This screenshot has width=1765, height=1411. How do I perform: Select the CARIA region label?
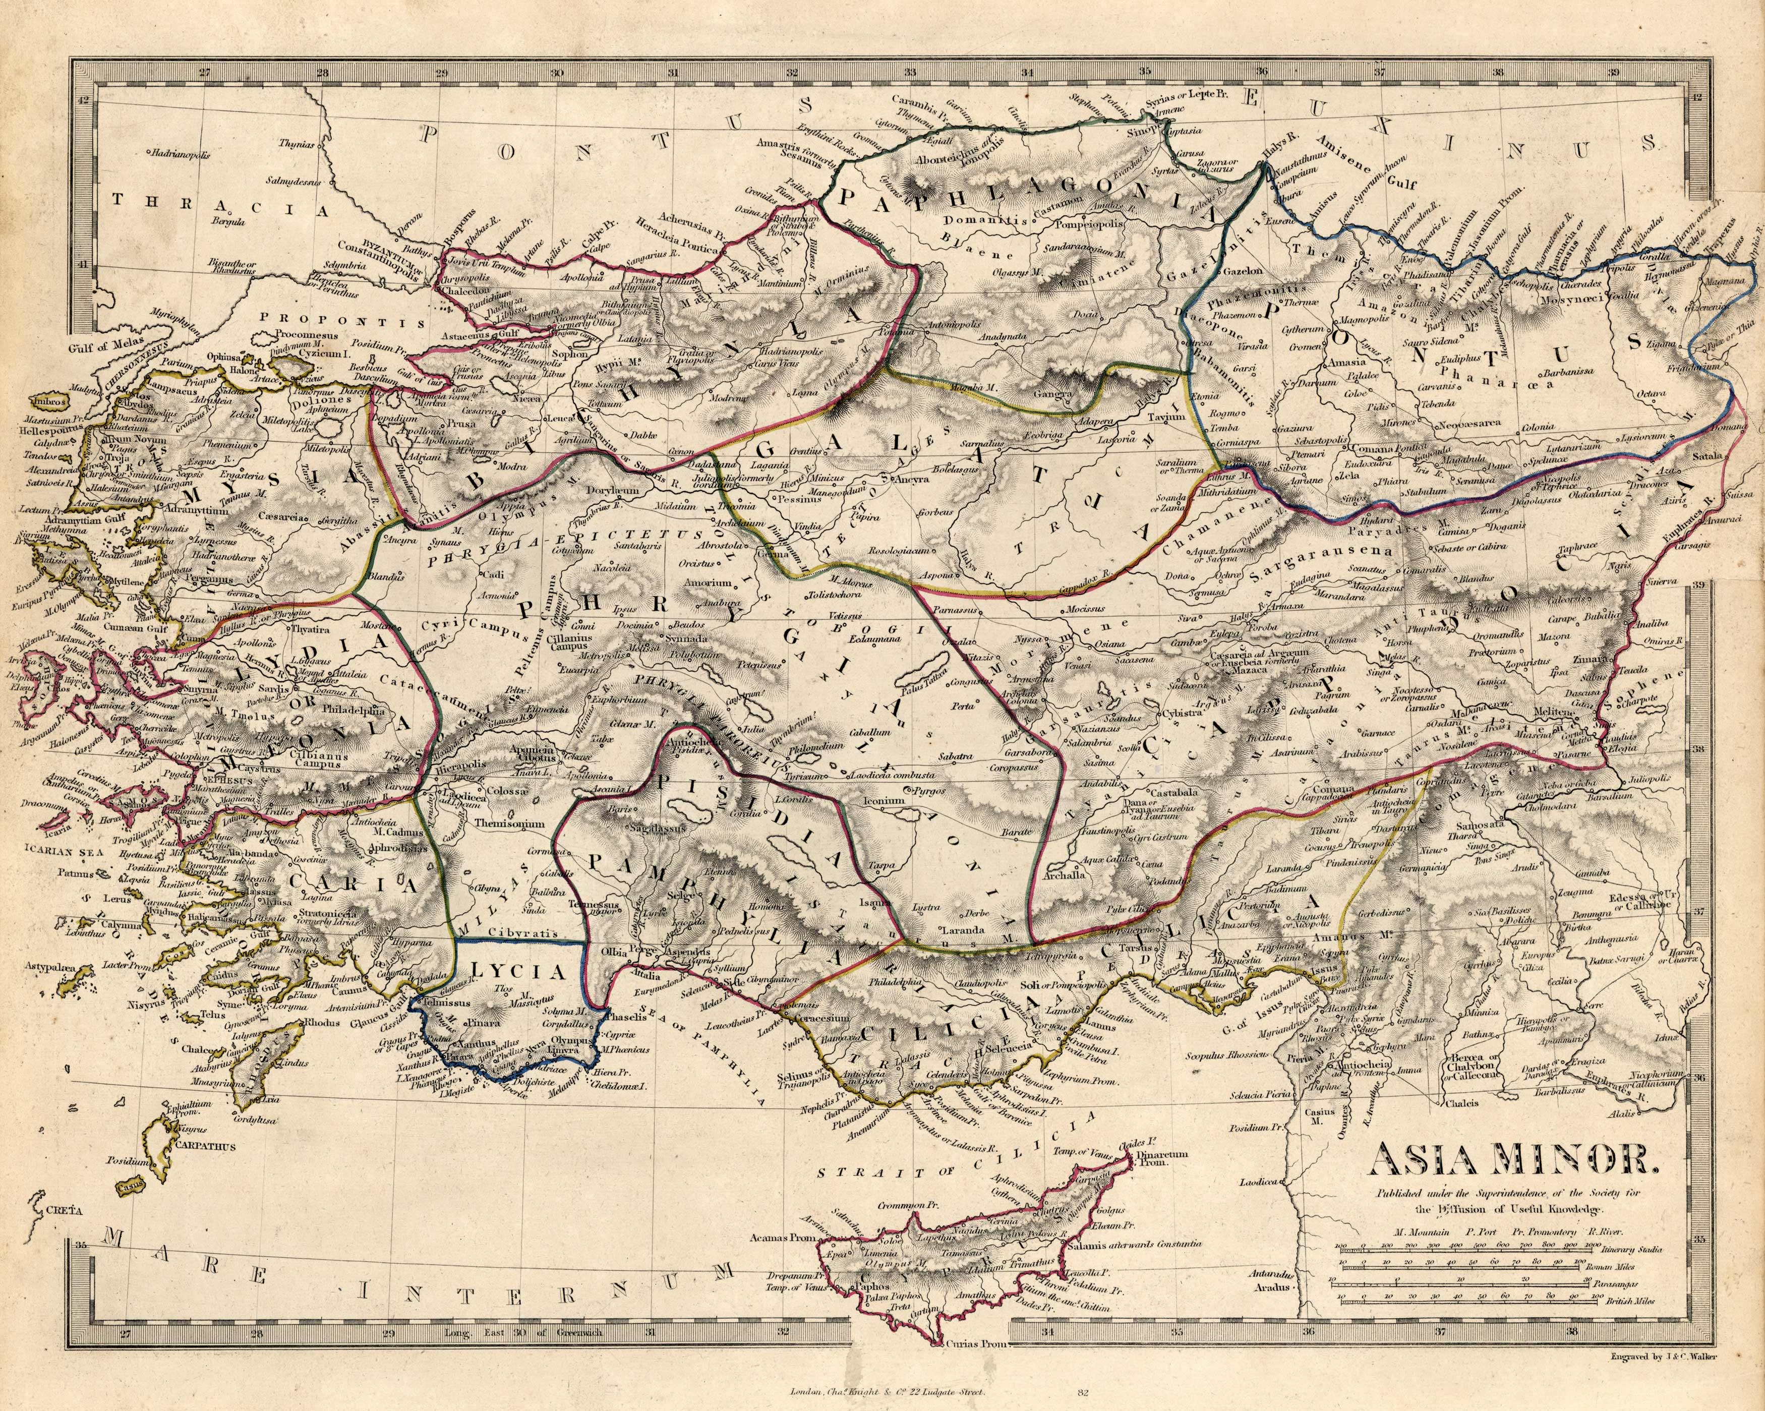pyautogui.click(x=352, y=883)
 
